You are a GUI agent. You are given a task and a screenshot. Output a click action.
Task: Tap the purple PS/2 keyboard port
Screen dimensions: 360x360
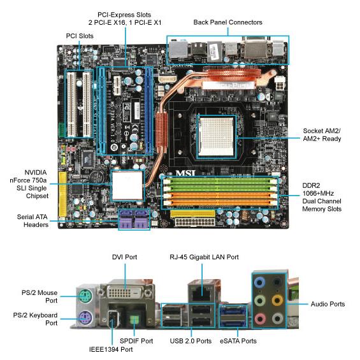click(85, 318)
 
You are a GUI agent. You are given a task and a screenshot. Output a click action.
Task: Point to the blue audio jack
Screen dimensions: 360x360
click(259, 282)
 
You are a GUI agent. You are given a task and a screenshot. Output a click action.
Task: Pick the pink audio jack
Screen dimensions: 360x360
click(260, 319)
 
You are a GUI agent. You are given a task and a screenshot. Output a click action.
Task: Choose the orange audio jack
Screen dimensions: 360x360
click(277, 300)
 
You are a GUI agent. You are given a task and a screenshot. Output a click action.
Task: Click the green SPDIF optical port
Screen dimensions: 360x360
click(134, 319)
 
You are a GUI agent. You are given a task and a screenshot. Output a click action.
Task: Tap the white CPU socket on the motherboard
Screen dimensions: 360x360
click(217, 136)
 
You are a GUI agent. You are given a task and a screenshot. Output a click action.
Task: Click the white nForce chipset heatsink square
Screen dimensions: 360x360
click(127, 185)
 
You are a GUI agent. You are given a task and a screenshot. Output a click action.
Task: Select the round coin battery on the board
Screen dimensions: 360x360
click(97, 177)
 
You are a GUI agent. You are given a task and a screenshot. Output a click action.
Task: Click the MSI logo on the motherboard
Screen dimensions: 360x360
click(185, 173)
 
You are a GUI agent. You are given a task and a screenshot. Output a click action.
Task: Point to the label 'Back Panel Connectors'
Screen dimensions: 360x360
click(227, 22)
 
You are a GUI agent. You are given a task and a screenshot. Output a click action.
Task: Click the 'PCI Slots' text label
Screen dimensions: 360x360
click(80, 36)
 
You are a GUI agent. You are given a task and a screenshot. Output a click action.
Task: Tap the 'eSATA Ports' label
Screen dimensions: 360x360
click(238, 341)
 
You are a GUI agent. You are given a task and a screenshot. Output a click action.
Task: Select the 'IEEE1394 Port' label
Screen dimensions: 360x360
click(111, 349)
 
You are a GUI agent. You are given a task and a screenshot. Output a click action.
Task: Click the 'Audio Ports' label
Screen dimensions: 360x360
click(328, 304)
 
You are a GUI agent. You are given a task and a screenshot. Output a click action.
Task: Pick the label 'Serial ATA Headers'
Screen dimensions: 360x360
click(32, 220)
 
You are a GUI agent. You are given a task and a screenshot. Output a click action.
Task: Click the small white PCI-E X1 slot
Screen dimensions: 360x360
click(117, 85)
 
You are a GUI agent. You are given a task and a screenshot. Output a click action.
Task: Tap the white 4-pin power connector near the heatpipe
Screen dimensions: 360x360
click(280, 84)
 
